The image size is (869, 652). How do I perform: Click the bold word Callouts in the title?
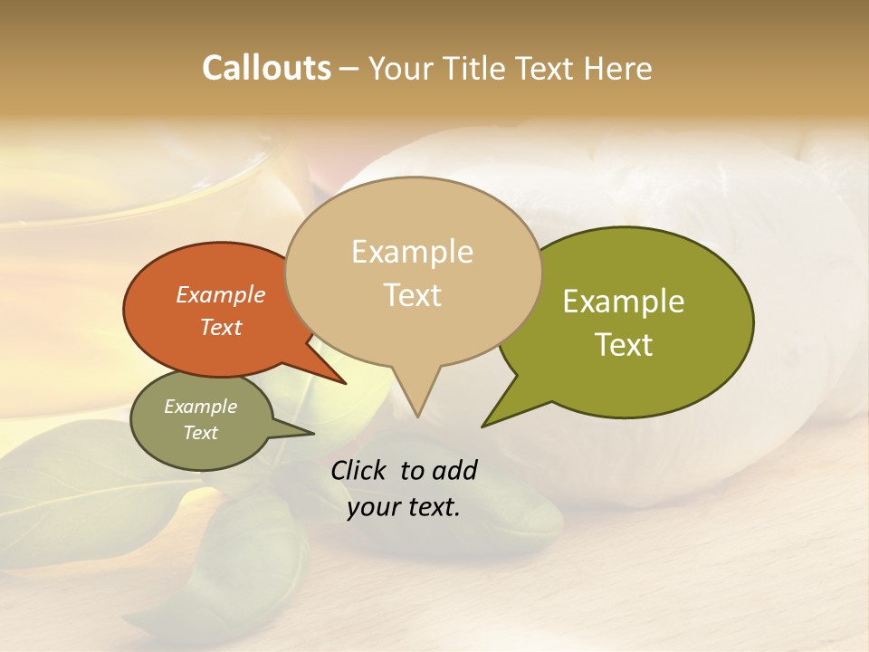click(266, 68)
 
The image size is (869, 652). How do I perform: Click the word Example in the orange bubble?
click(221, 294)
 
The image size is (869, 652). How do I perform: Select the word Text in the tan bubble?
click(413, 294)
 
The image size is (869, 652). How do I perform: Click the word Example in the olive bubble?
click(624, 302)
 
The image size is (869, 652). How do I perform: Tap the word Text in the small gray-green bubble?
click(201, 433)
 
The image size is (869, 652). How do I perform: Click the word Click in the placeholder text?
click(359, 470)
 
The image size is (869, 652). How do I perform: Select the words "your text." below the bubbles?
click(404, 507)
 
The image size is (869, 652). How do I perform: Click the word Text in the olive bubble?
click(624, 344)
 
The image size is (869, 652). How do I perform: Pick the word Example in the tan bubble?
click(413, 252)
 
